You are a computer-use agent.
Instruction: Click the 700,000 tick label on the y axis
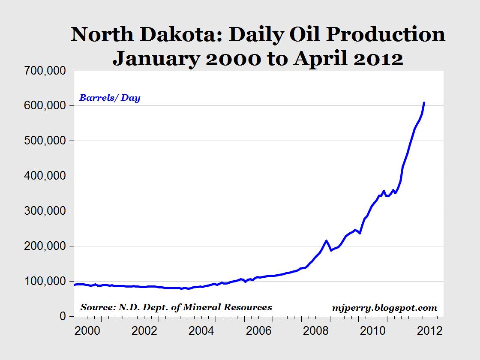point(45,71)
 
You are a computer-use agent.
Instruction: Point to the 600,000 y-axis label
point(45,105)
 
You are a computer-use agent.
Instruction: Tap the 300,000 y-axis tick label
point(45,211)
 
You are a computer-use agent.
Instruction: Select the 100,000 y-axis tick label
point(45,281)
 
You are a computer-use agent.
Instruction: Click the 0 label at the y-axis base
point(63,316)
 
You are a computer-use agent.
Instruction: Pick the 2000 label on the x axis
point(87,331)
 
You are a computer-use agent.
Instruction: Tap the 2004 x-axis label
point(201,331)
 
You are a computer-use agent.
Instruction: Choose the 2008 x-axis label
point(315,331)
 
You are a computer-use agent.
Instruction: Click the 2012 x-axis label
point(430,331)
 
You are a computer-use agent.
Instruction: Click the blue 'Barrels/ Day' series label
point(110,98)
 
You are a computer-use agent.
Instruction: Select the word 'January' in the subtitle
point(156,58)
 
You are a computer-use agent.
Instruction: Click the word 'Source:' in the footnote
point(98,307)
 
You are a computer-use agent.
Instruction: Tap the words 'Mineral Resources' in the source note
point(227,307)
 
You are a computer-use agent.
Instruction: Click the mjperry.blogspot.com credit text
point(384,308)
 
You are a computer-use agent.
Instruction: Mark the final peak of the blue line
point(424,102)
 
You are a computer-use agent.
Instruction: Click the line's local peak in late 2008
point(326,240)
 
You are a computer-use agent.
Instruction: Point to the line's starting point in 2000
point(75,285)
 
